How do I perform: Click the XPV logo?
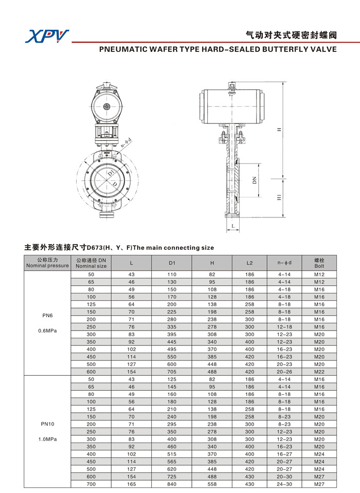click(x=47, y=36)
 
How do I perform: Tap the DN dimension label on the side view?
click(x=255, y=180)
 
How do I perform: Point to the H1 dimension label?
click(x=279, y=197)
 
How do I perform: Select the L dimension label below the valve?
click(x=233, y=226)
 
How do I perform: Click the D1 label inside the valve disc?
click(x=111, y=173)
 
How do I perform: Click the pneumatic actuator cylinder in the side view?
click(x=232, y=106)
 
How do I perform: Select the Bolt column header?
click(x=319, y=263)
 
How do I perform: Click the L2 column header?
click(x=249, y=263)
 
